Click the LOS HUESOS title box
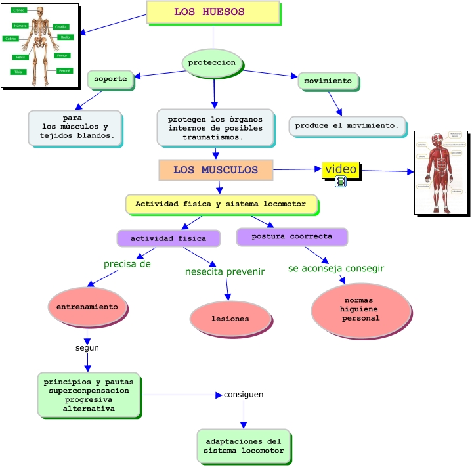pyautogui.click(x=213, y=12)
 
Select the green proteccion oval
pyautogui.click(x=212, y=63)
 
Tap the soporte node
pyautogui.click(x=110, y=79)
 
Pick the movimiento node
pyautogui.click(x=328, y=81)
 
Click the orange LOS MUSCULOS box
pyautogui.click(x=215, y=170)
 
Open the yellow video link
pyautogui.click(x=340, y=169)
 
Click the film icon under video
pyautogui.click(x=340, y=182)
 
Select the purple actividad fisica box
pyautogui.click(x=168, y=238)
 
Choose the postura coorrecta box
pyautogui.click(x=291, y=236)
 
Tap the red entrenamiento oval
pyautogui.click(x=87, y=307)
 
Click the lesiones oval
pyautogui.click(x=230, y=319)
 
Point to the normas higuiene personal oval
pyautogui.click(x=360, y=309)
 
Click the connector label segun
pyautogui.click(x=87, y=348)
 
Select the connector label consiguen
pyautogui.click(x=244, y=395)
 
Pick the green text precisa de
pyautogui.click(x=127, y=264)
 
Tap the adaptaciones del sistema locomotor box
pyautogui.click(x=243, y=446)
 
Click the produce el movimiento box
pyautogui.click(x=347, y=125)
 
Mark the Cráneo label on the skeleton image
pyautogui.click(x=18, y=10)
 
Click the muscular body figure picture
pyautogui.click(x=440, y=172)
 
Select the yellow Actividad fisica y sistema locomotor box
pyautogui.click(x=221, y=204)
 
